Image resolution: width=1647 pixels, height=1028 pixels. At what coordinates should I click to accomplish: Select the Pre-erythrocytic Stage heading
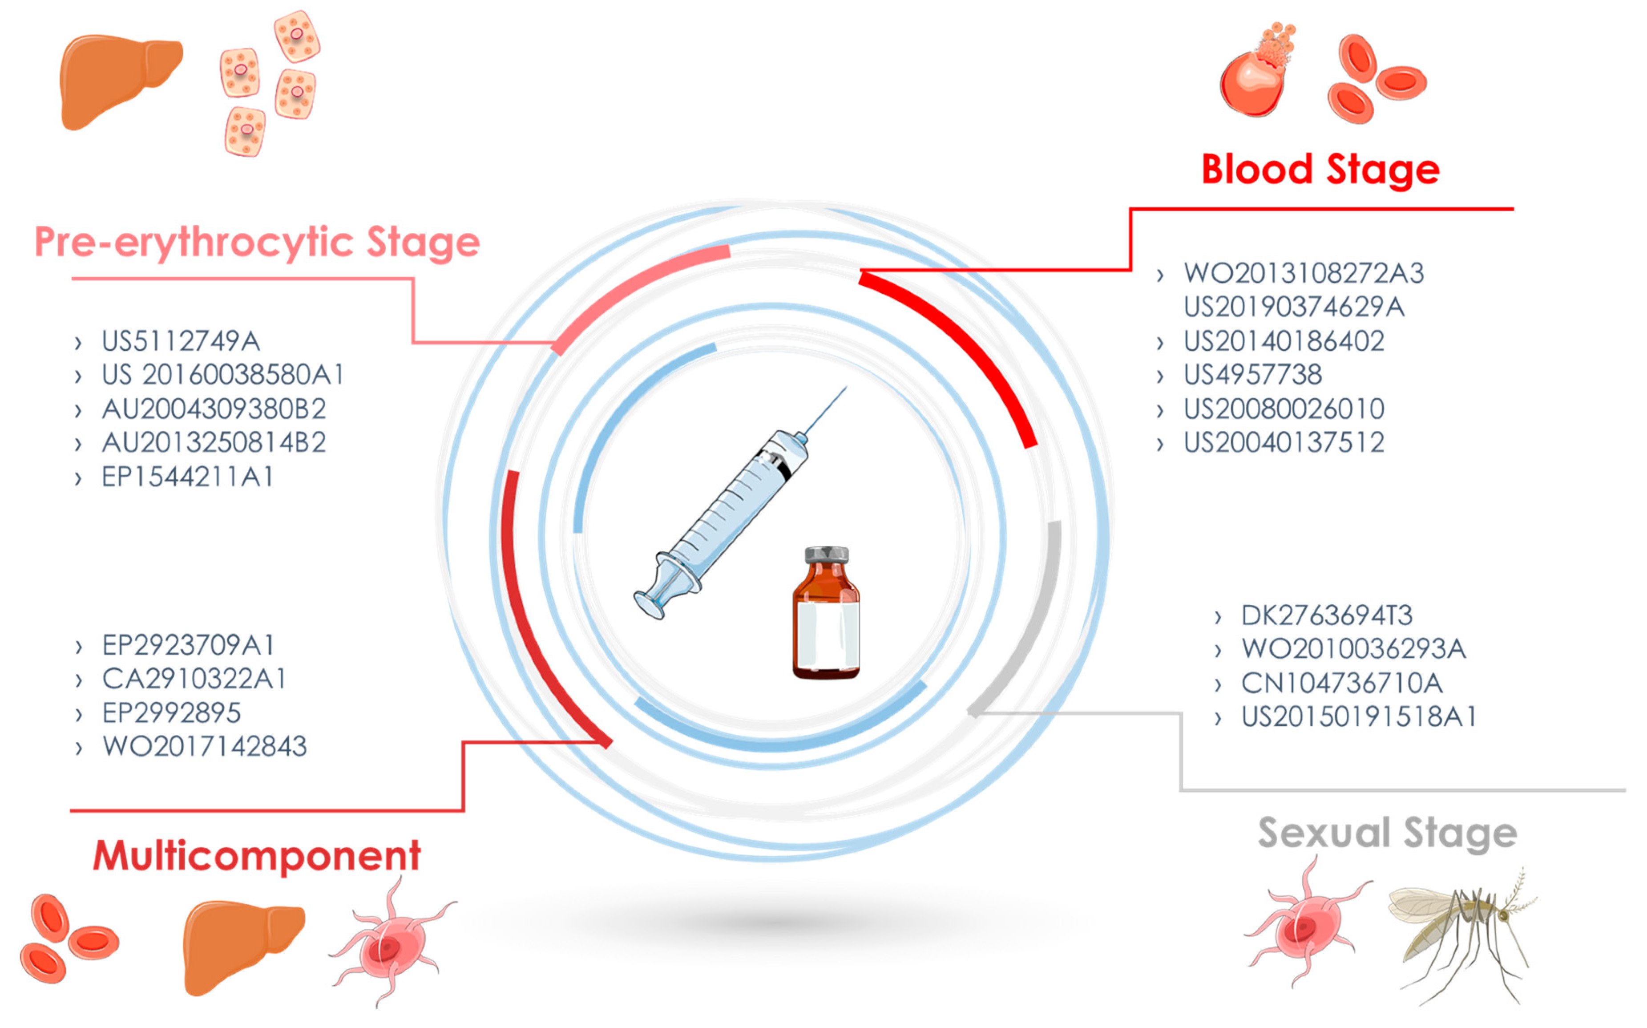[x=257, y=243]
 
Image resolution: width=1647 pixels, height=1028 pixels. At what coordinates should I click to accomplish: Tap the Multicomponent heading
[x=257, y=855]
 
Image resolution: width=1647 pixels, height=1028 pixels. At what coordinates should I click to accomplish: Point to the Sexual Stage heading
[x=1387, y=834]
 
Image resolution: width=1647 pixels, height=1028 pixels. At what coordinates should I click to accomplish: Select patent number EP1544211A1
[x=188, y=477]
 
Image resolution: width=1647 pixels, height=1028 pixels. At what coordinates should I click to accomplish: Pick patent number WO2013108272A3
[x=1303, y=273]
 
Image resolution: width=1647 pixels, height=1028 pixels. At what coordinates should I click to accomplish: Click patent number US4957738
[x=1253, y=375]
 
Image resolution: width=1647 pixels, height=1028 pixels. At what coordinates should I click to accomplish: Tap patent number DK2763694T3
[x=1326, y=615]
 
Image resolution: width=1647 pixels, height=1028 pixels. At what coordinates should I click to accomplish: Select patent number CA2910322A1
[x=194, y=679]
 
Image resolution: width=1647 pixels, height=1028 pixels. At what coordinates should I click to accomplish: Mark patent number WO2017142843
[x=205, y=747]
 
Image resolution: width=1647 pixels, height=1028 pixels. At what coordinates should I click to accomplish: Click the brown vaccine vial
[x=826, y=626]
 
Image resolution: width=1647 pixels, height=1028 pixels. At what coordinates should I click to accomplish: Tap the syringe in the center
[x=727, y=517]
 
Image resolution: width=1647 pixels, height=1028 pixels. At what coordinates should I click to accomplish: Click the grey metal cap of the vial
[x=826, y=554]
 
